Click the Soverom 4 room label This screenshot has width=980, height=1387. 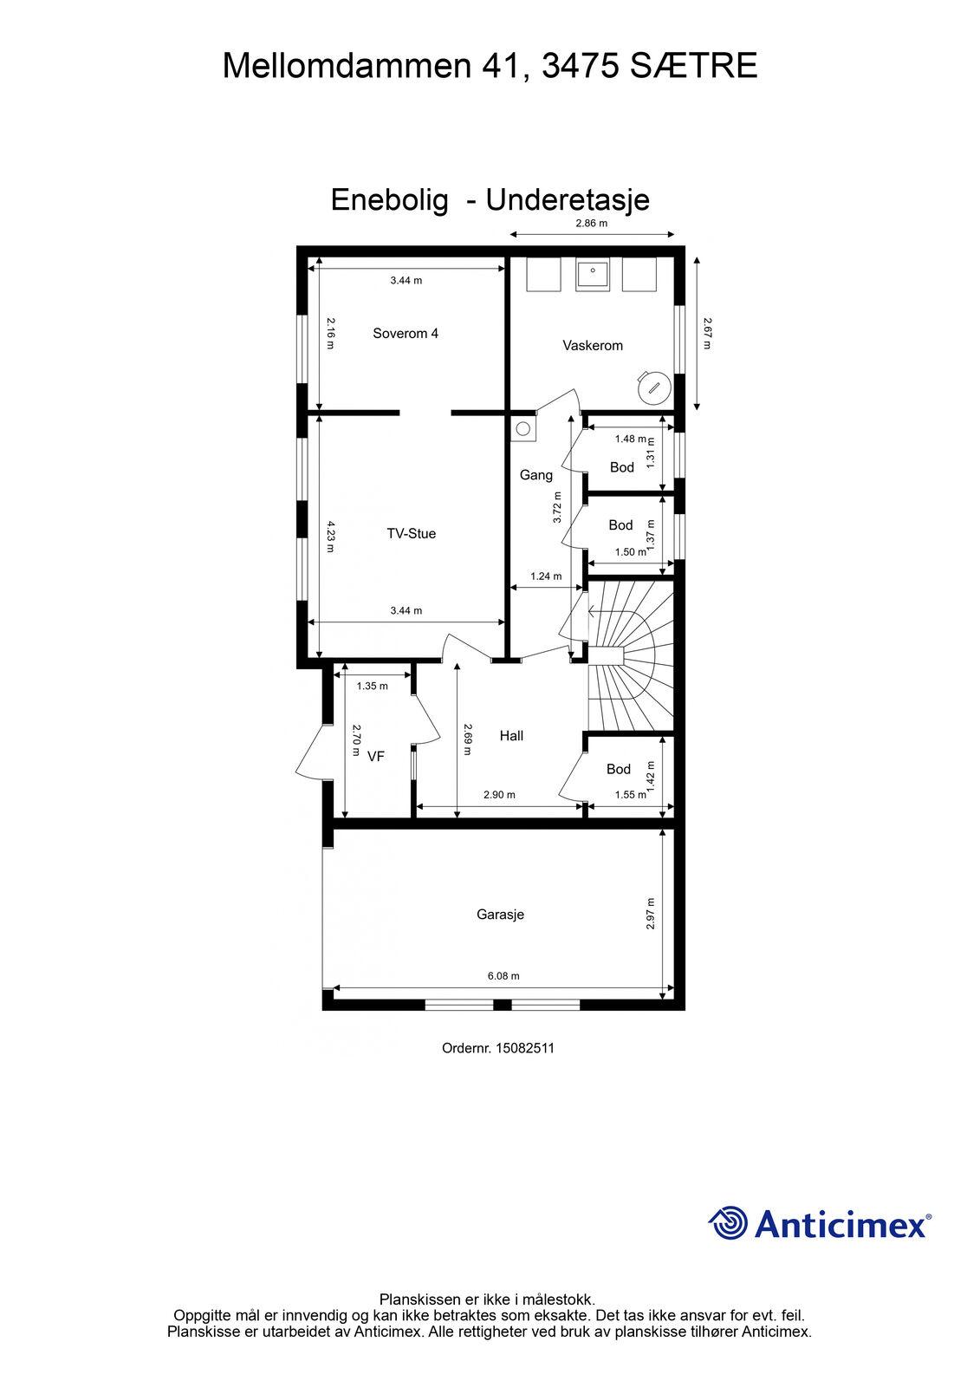coord(405,333)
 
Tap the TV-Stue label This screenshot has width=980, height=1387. coord(411,533)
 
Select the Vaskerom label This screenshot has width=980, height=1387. coord(593,345)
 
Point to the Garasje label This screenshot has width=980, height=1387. coord(500,914)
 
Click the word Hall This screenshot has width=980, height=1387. coord(511,735)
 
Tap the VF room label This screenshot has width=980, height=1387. coord(376,755)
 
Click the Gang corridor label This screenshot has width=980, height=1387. coord(536,475)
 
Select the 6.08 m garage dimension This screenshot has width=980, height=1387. coord(503,975)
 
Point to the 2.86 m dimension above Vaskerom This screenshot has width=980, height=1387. coord(591,223)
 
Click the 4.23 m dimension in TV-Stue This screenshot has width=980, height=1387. coord(330,537)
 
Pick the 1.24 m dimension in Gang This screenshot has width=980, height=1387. coord(546,576)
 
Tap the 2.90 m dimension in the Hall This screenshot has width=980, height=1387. coord(499,794)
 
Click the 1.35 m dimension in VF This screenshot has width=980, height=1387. coord(372,686)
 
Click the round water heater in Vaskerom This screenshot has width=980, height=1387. coord(653,387)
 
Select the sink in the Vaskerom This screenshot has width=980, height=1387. coord(593,274)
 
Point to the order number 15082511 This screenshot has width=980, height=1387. coord(525,1048)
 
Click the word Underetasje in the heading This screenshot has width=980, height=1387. coord(567,199)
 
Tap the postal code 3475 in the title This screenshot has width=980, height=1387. coord(580,66)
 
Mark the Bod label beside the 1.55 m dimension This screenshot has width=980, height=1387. coord(618,768)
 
